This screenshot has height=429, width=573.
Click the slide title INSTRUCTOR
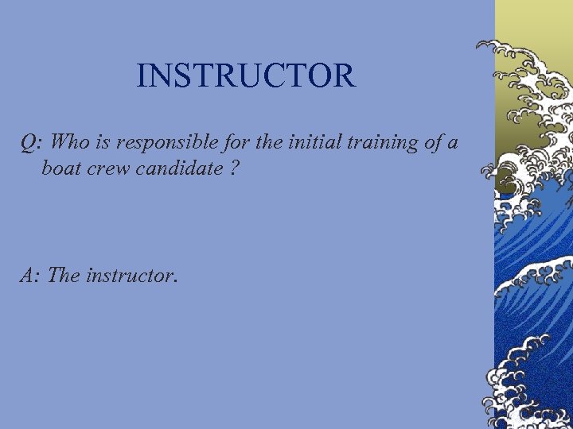pyautogui.click(x=245, y=76)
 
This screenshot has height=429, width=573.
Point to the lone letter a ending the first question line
pyautogui.click(x=453, y=144)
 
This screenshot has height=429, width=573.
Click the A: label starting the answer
pyautogui.click(x=31, y=276)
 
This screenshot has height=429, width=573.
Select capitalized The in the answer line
pyautogui.click(x=63, y=276)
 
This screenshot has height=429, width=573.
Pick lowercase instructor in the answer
pyautogui.click(x=131, y=276)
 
